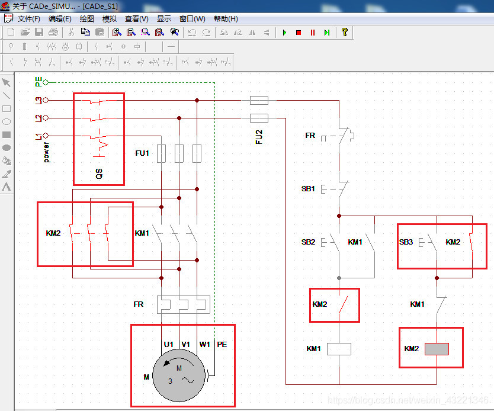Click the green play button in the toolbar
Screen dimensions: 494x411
click(284, 33)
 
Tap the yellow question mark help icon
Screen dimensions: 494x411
click(344, 32)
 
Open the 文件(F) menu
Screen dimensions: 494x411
click(29, 19)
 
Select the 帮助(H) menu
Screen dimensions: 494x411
click(226, 19)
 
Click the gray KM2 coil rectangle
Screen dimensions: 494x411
click(437, 349)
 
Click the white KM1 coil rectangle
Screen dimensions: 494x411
click(339, 349)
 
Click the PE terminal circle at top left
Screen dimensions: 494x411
click(46, 82)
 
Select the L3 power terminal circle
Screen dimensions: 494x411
click(46, 100)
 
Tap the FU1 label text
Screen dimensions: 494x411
click(142, 153)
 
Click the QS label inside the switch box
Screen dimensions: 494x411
click(99, 174)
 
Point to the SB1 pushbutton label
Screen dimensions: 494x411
click(308, 189)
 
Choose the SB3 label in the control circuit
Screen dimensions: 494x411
click(406, 242)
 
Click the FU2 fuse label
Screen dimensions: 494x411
click(259, 137)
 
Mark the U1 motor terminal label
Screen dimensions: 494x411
click(169, 345)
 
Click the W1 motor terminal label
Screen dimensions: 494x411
click(204, 345)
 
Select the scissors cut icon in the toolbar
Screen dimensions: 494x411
click(71, 32)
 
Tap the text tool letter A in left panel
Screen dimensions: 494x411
click(7, 187)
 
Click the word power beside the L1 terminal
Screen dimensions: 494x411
click(46, 152)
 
